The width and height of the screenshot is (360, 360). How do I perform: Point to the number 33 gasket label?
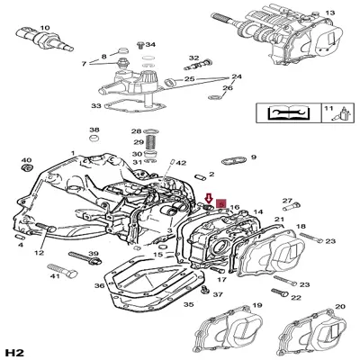(96, 105)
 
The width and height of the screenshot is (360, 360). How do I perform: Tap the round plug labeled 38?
(94, 144)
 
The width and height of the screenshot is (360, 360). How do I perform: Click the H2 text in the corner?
(15, 351)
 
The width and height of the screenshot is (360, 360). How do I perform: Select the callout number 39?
(93, 255)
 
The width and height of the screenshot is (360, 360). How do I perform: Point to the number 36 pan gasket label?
(101, 286)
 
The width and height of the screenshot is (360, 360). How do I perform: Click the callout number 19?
(257, 306)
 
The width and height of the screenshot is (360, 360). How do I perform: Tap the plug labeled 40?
(26, 168)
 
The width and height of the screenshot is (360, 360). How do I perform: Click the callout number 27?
(288, 201)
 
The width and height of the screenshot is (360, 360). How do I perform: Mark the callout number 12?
(39, 253)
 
